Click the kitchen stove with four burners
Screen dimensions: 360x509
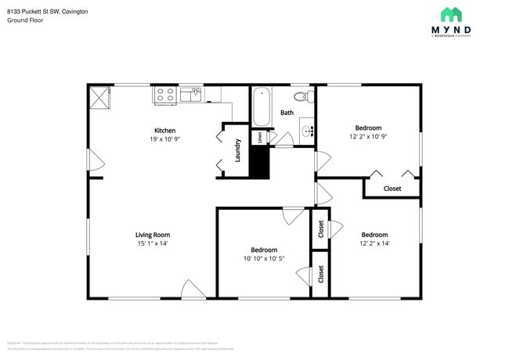[x=165, y=95]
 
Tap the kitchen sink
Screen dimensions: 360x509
[x=190, y=95]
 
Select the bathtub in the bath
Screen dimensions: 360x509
[x=262, y=107]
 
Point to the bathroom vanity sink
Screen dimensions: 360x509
[x=306, y=131]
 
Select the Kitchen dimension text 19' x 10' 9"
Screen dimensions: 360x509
[x=164, y=139]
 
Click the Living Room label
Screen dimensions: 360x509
[x=152, y=235]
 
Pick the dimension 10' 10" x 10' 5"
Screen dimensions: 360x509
[x=263, y=258]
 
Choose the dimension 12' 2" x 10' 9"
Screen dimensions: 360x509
[x=368, y=136]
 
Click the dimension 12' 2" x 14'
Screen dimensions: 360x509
[x=374, y=243]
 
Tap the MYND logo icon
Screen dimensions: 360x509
[x=450, y=15]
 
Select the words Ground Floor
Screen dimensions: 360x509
[x=25, y=21]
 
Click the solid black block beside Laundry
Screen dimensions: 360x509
[x=259, y=161]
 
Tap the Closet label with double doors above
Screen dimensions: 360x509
[x=392, y=189]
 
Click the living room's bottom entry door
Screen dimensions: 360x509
[x=193, y=289]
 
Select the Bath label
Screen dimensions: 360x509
[x=287, y=113]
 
